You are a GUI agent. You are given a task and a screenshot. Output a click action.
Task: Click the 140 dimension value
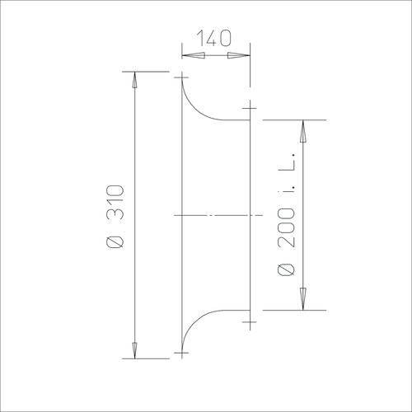coord(214,38)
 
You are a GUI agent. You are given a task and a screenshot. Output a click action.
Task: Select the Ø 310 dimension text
coord(115,217)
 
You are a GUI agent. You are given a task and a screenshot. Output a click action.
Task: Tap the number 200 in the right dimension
coord(286,227)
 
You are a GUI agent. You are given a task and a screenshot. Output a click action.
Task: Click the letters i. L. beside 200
coord(287,175)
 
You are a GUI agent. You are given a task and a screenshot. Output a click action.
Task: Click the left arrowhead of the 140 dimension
coord(194,55)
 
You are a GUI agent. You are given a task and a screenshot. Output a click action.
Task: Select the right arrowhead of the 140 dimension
coord(239,55)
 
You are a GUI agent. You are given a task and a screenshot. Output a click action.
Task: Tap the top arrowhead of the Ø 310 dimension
coord(134,80)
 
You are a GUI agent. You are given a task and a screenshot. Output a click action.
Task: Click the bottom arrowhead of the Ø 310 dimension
coord(134,350)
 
